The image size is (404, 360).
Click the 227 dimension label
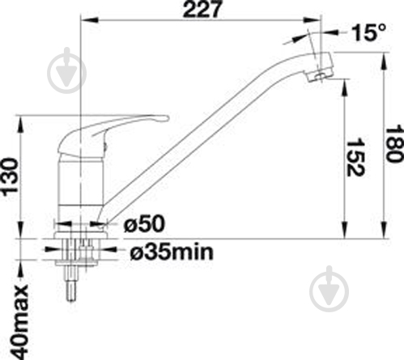202,9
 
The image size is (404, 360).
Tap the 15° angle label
369,32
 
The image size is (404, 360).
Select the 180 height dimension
393,143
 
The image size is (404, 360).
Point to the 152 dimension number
355,157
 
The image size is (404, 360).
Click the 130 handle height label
10,176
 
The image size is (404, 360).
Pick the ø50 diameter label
144,224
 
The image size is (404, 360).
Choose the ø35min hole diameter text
172,252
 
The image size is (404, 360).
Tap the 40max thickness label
19,321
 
